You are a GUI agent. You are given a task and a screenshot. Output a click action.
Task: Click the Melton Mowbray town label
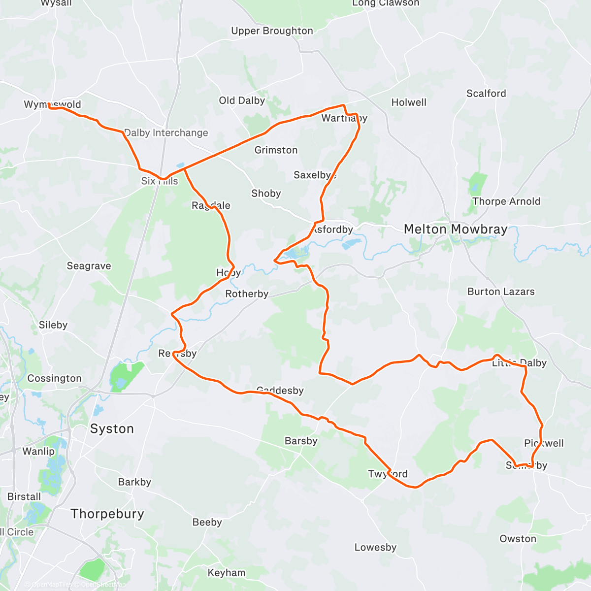pos(456,230)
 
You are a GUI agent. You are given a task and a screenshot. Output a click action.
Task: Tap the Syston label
pos(112,429)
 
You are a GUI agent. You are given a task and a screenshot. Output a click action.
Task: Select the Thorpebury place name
pos(107,514)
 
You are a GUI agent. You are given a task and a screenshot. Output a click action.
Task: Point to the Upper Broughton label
pos(272,31)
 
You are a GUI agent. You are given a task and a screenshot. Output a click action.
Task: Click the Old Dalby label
pos(242,101)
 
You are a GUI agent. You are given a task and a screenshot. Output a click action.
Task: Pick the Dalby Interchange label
pos(166,133)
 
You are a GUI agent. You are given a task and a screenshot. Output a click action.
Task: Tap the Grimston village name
pos(276,150)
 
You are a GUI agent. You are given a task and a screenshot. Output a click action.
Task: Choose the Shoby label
pos(266,194)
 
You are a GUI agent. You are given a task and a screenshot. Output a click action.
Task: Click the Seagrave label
pos(89,266)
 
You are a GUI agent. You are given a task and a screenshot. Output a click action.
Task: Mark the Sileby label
pos(53,325)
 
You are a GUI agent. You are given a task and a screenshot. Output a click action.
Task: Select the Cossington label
pos(54,379)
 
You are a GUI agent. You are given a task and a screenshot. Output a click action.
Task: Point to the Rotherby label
pos(247,294)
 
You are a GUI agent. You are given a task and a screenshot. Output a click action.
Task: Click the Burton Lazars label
pos(501,292)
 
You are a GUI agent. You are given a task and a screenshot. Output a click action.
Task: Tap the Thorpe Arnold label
pos(506,201)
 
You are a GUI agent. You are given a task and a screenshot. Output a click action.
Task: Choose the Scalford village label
pos(486,94)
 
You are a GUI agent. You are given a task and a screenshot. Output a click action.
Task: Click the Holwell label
pos(409,102)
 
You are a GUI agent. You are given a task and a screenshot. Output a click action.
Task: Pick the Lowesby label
pos(375,548)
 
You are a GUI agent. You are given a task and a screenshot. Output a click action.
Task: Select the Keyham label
pos(226,573)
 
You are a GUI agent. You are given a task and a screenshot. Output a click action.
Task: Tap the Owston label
pos(518,539)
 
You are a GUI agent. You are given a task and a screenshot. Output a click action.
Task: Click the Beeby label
pos(207,522)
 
